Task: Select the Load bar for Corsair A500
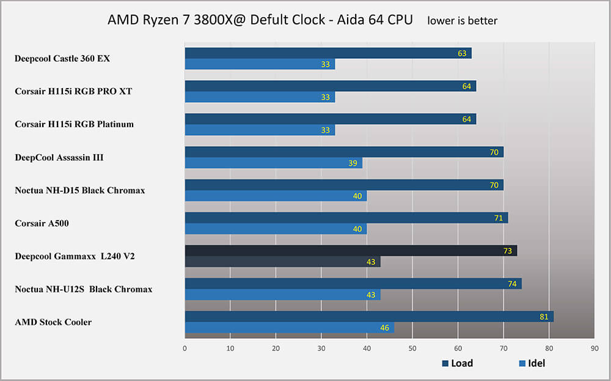click(346, 218)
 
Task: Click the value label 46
click(385, 328)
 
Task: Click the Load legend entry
click(457, 363)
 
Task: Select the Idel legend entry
click(531, 363)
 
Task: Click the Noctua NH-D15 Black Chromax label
click(79, 190)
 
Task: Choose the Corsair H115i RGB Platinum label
click(74, 124)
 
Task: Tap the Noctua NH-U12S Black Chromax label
click(83, 289)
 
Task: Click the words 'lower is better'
click(462, 21)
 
